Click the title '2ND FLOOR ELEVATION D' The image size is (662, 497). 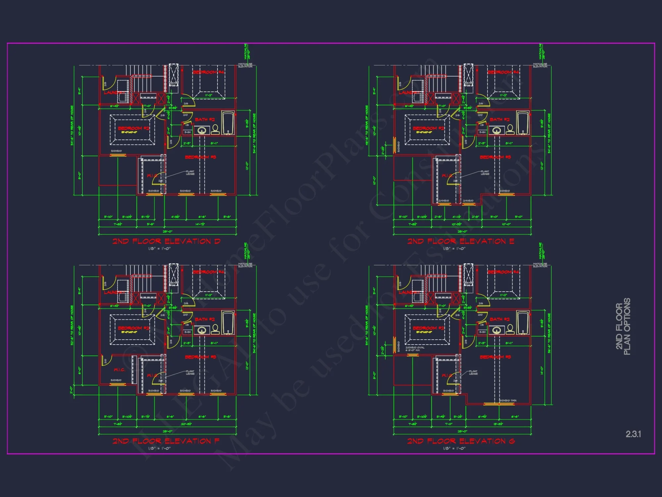(x=166, y=241)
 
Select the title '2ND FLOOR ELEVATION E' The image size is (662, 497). (x=461, y=241)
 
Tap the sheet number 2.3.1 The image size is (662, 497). (x=633, y=434)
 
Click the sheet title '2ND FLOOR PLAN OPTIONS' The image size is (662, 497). (x=623, y=326)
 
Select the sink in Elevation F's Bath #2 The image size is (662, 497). (x=202, y=330)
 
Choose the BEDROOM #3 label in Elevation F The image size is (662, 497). (x=200, y=357)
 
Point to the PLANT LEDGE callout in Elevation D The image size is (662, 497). (x=190, y=173)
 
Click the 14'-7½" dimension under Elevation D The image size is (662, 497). (x=200, y=224)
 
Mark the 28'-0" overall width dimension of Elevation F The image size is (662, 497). (x=167, y=431)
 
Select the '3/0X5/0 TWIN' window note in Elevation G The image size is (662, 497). (x=508, y=401)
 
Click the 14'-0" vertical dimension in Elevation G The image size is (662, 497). (x=542, y=370)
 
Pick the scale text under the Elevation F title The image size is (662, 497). (x=159, y=448)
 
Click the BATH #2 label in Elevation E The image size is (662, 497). (x=499, y=120)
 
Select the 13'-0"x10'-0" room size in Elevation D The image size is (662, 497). (x=129, y=132)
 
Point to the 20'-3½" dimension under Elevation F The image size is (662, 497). (x=186, y=424)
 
